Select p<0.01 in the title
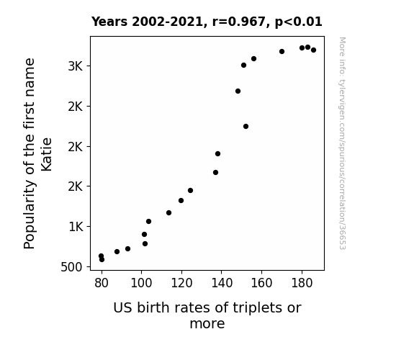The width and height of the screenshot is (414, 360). pos(298,22)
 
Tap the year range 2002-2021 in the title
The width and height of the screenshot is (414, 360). pos(167,22)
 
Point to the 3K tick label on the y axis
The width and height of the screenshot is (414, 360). pos(76,66)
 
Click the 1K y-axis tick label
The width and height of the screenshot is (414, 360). pos(76,227)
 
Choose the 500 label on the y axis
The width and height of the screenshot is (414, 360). pos(71,267)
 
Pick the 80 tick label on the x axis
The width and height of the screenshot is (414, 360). pos(102,283)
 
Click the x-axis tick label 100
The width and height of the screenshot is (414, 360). pos(142,283)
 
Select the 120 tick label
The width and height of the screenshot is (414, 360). pos(181,283)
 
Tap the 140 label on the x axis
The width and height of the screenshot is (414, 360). pos(222,283)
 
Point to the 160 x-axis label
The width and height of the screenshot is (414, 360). pos(261,283)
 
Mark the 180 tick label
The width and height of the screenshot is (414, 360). pos(302,283)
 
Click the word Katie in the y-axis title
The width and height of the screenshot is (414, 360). pos(47,155)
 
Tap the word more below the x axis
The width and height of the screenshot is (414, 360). pos(207,323)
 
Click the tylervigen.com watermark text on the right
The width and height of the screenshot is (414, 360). pos(342,143)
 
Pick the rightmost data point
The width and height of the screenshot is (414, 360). pos(313,50)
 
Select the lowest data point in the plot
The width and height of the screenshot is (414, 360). pos(102,260)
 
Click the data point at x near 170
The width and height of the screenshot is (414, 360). pos(282,52)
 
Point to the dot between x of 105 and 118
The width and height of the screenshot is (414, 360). pos(168,212)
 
